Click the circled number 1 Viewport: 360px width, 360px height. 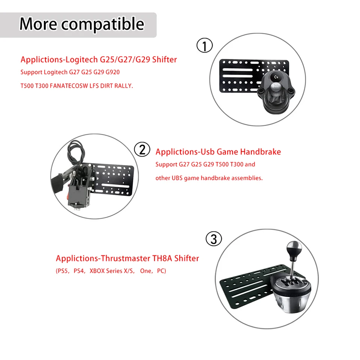coord(204,46)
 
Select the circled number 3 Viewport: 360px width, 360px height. coord(214,239)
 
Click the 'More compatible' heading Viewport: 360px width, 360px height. coord(81,24)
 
